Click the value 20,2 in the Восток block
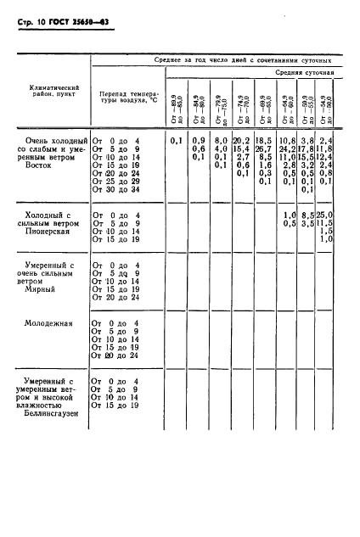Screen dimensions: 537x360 [x=241, y=139]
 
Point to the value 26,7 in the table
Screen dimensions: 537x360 [x=263, y=148]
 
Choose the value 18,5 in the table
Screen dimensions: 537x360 [x=263, y=139]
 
